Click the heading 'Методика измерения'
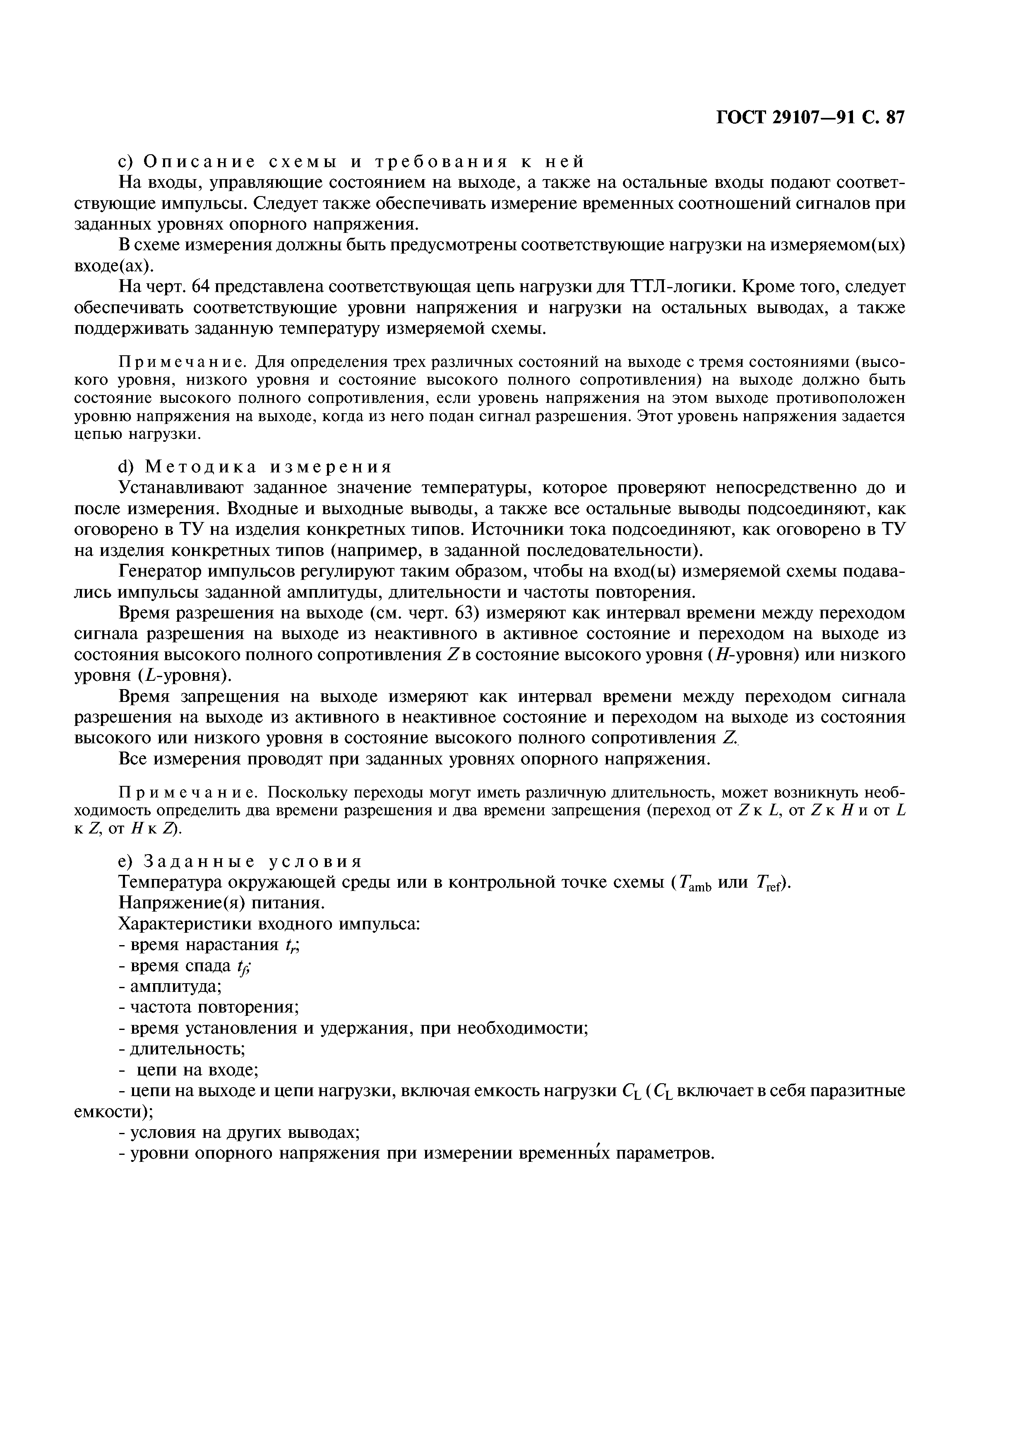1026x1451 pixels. [x=268, y=467]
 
